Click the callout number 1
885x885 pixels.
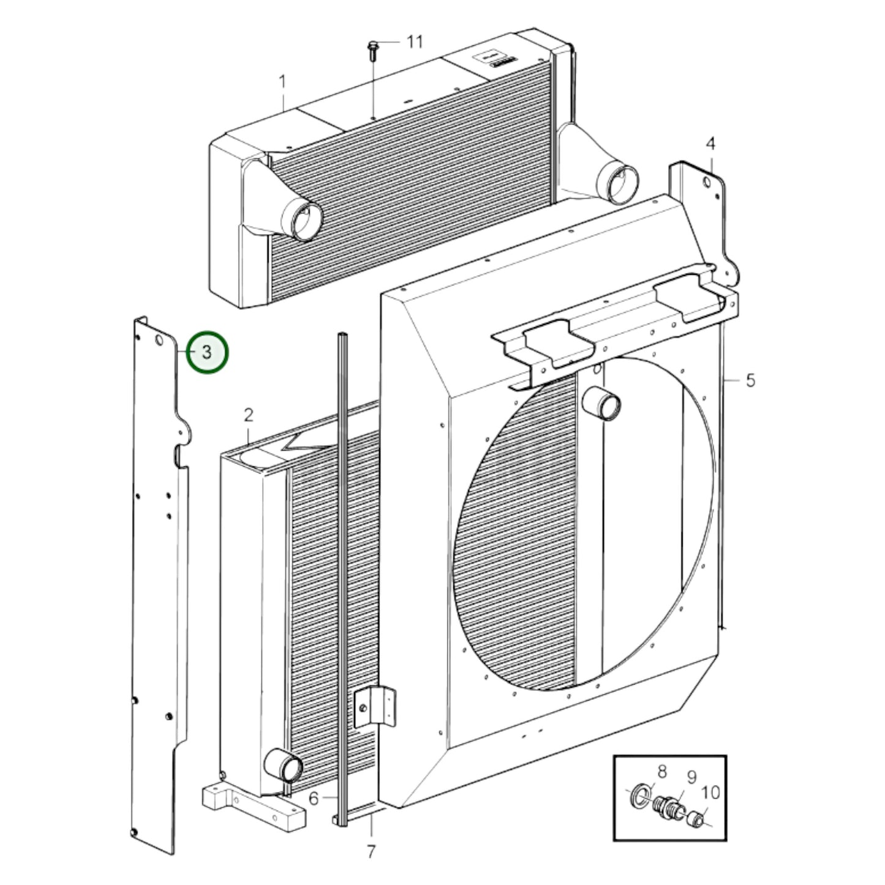tap(283, 83)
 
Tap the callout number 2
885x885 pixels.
tap(249, 416)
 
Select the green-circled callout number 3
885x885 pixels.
tap(207, 352)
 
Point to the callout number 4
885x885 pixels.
tap(710, 144)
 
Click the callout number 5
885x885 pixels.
tap(750, 380)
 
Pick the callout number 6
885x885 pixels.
tap(314, 798)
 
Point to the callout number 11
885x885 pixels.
tap(415, 42)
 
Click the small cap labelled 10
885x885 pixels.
tap(695, 819)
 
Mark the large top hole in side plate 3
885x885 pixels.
tap(159, 340)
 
